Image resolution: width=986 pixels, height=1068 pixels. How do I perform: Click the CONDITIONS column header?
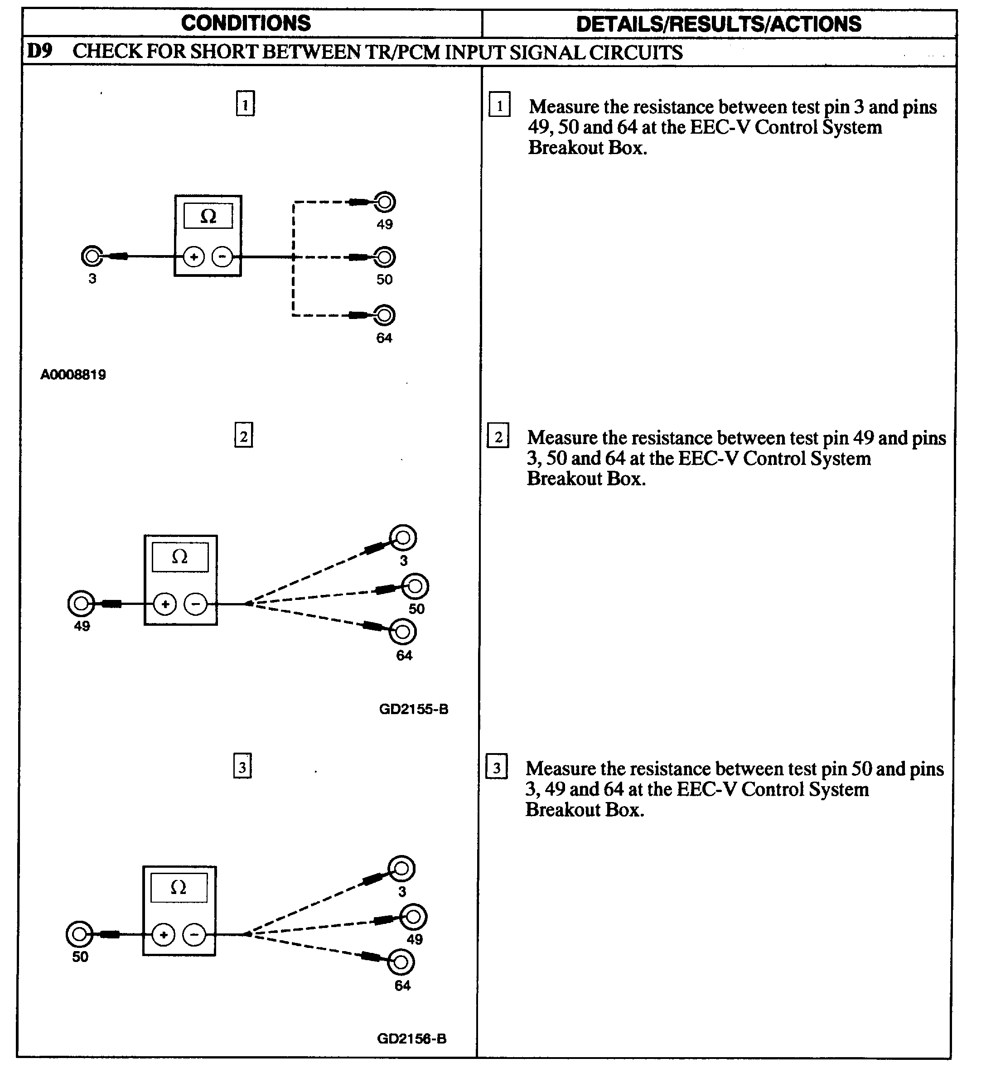point(246,23)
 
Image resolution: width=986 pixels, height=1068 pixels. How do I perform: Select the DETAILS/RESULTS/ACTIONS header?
point(718,24)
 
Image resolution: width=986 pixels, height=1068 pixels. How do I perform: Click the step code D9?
point(40,51)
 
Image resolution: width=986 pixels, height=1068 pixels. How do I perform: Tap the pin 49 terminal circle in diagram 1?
point(384,202)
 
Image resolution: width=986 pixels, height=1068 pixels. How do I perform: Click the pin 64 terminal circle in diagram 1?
point(384,315)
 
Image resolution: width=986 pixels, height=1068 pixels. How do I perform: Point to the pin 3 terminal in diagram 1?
point(92,256)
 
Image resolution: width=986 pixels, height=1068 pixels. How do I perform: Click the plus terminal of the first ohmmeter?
point(193,257)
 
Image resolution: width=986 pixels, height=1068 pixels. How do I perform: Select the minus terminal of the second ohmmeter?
point(195,604)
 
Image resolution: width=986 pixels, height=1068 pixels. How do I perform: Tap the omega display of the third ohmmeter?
point(178,888)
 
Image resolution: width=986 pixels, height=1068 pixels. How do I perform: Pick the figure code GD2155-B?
point(414,709)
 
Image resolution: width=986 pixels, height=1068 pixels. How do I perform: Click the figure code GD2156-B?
point(411,1039)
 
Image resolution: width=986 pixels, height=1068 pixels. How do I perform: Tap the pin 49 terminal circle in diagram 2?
point(81,604)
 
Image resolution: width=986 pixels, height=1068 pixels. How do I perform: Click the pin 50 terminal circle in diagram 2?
point(415,587)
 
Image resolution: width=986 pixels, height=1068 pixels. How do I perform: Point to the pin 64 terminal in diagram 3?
point(401,962)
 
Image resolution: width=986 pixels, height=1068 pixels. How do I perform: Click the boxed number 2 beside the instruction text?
point(498,437)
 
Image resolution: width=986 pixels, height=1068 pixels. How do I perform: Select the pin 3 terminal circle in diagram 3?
point(401,869)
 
